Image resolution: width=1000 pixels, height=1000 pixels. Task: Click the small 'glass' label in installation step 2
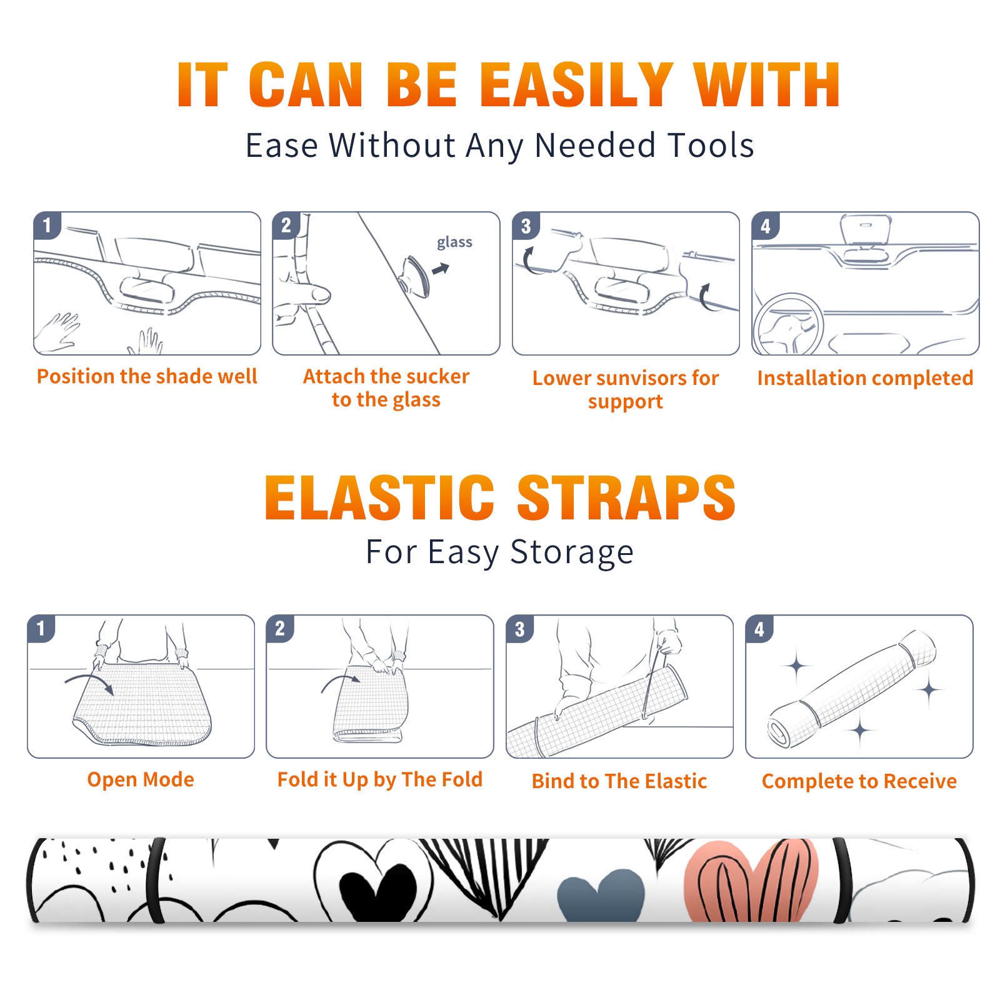[454, 242]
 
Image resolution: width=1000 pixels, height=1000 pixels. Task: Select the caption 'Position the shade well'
[147, 376]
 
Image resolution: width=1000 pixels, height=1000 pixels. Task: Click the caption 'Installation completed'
[865, 377]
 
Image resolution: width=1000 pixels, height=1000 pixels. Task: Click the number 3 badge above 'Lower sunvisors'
[526, 226]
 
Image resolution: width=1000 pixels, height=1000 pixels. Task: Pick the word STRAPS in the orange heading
[626, 497]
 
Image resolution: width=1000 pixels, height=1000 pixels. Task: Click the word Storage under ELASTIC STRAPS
[572, 552]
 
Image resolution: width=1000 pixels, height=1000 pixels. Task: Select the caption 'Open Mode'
[141, 779]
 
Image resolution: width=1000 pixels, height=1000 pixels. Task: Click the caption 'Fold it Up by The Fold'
[380, 779]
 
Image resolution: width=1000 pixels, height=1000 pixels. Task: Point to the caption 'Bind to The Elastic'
[619, 781]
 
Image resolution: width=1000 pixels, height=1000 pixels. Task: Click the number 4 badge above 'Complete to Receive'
[759, 629]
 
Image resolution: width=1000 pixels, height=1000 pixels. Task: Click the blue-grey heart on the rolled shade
[601, 894]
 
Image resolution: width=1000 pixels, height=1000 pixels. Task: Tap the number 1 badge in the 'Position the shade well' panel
[47, 226]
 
